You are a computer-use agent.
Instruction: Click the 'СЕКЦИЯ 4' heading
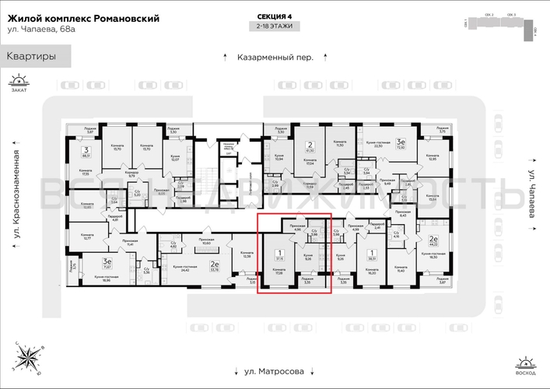[x=275, y=16]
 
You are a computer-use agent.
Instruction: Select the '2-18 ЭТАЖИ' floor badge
[x=275, y=27]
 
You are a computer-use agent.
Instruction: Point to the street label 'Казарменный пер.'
[x=275, y=58]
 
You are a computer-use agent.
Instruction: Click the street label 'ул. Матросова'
[x=275, y=371]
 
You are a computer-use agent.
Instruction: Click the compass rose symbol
[x=32, y=357]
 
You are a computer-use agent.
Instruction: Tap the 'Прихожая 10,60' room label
[x=206, y=241]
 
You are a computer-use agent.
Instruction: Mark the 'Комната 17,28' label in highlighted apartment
[x=279, y=272]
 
